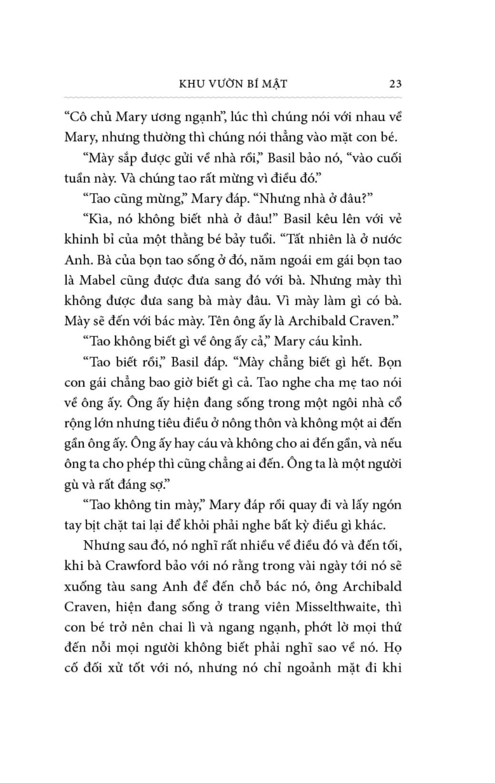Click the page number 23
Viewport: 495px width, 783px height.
395,84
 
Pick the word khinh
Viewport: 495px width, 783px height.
79,239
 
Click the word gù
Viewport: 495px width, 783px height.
72,484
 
